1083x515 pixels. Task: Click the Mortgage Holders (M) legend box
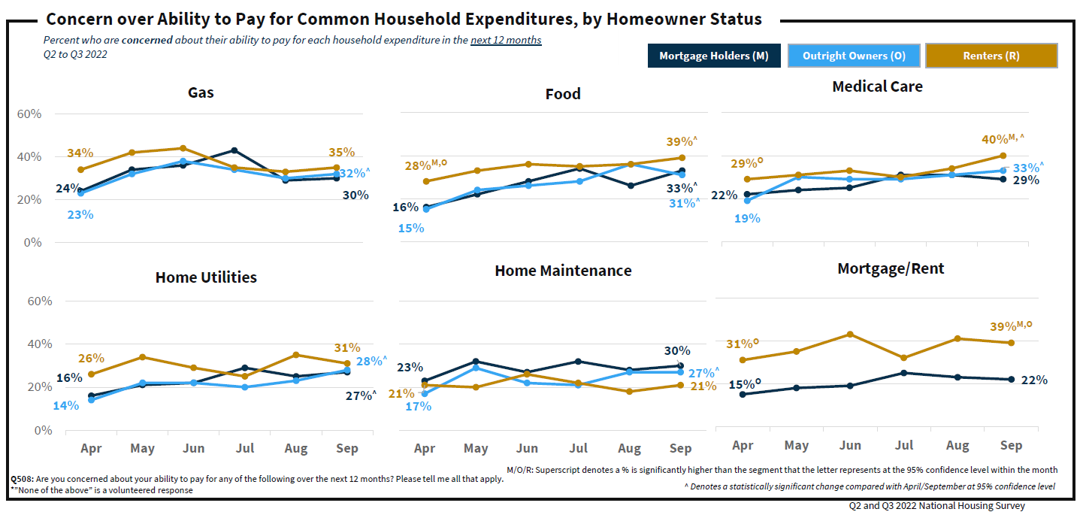click(x=713, y=56)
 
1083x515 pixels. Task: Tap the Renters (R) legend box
click(x=991, y=56)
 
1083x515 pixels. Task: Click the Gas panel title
click(x=201, y=93)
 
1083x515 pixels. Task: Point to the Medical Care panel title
click(x=877, y=86)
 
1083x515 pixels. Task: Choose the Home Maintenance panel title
click(x=563, y=271)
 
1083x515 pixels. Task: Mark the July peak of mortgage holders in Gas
click(x=234, y=150)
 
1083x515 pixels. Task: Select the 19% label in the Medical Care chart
click(x=747, y=219)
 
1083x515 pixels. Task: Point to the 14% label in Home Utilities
click(x=65, y=406)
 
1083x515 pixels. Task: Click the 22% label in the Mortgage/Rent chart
click(x=1034, y=380)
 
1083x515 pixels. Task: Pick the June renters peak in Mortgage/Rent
click(x=849, y=334)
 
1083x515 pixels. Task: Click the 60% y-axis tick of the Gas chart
click(x=29, y=114)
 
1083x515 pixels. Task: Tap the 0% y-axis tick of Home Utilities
click(x=44, y=431)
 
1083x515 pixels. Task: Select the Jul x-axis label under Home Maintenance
click(x=578, y=449)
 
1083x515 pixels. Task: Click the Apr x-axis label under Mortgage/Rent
click(x=743, y=445)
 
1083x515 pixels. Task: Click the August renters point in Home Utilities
click(x=296, y=355)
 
